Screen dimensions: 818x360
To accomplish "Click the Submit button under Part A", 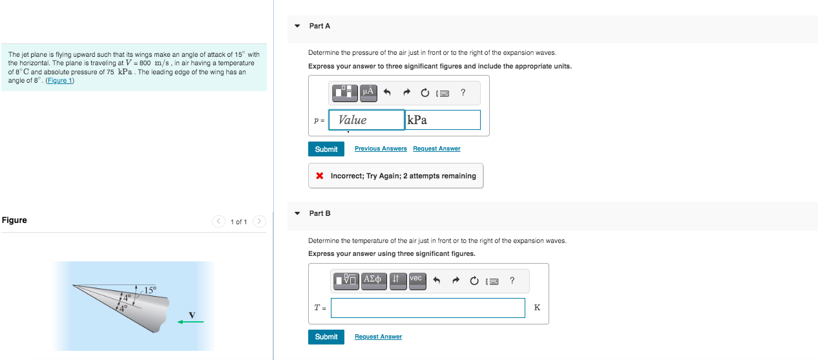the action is coord(326,149).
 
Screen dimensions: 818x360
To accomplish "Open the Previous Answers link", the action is coord(381,149).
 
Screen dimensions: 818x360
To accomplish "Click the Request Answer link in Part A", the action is coord(436,149).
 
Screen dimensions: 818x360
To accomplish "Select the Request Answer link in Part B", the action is coord(378,337).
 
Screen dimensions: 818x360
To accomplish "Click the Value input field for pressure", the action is coord(366,120).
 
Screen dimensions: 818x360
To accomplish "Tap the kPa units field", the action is coord(443,120).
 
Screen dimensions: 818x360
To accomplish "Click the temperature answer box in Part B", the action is coord(428,308).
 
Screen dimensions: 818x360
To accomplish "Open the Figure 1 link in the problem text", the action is coord(60,80).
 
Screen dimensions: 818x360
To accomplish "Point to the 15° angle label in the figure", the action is coord(150,290).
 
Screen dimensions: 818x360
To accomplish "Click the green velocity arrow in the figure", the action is coord(190,322).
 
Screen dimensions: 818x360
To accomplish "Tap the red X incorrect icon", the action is coord(320,176).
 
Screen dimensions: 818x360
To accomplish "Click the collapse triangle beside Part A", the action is coord(297,26).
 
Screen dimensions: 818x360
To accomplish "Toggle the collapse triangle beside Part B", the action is coord(297,213).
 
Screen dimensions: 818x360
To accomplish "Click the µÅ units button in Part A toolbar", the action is coord(368,92).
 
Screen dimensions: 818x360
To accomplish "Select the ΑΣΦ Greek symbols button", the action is coord(373,281).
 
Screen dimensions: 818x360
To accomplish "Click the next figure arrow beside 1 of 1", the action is coord(259,221).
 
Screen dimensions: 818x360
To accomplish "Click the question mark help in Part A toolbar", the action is coord(463,92).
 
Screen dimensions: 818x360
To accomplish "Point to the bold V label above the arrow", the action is coord(192,314).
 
